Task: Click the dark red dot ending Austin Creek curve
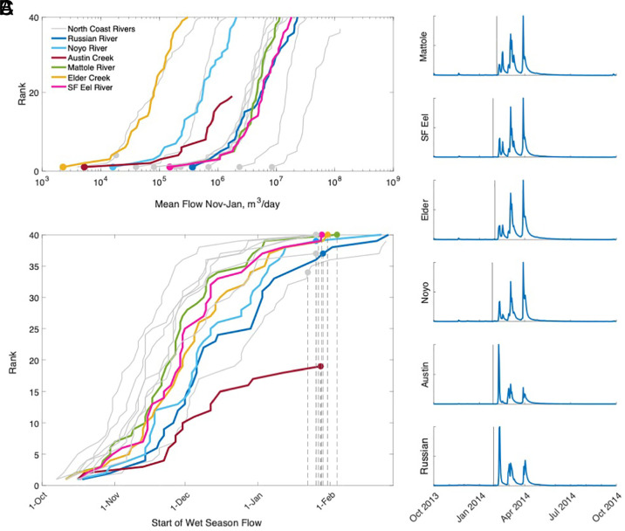[320, 367]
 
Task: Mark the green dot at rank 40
[337, 235]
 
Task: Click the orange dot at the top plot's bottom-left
[63, 167]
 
